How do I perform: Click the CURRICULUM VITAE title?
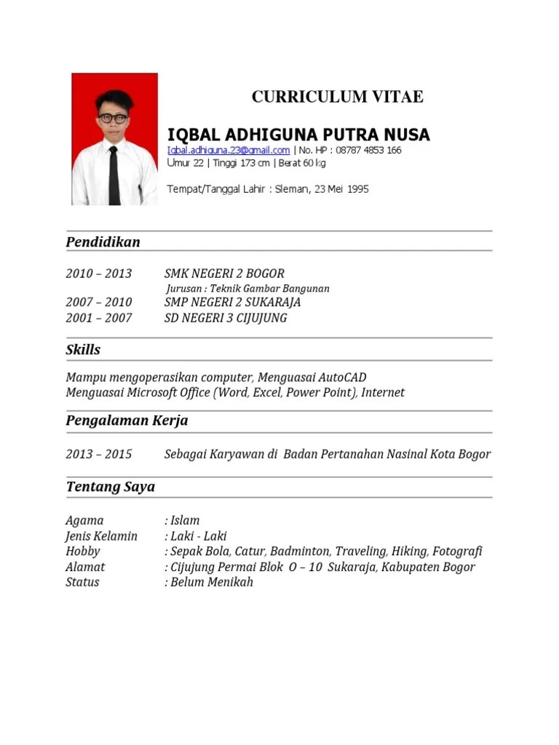pos(337,97)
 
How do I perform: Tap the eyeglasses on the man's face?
pos(113,118)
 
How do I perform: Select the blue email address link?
pos(229,151)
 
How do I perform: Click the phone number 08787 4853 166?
pos(368,151)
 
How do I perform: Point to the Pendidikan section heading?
pos(103,242)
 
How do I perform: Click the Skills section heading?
pos(83,350)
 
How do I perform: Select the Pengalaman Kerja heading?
pos(127,421)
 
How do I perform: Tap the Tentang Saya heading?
pos(110,487)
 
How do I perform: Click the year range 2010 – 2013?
pos(99,274)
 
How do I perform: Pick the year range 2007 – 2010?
pos(99,302)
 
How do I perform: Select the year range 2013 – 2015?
pos(99,454)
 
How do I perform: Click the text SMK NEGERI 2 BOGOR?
pos(224,274)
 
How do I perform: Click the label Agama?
pos(84,521)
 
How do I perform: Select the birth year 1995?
pos(358,189)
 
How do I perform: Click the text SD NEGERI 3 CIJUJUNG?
pos(226,318)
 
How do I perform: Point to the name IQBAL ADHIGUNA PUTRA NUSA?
pos(298,135)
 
